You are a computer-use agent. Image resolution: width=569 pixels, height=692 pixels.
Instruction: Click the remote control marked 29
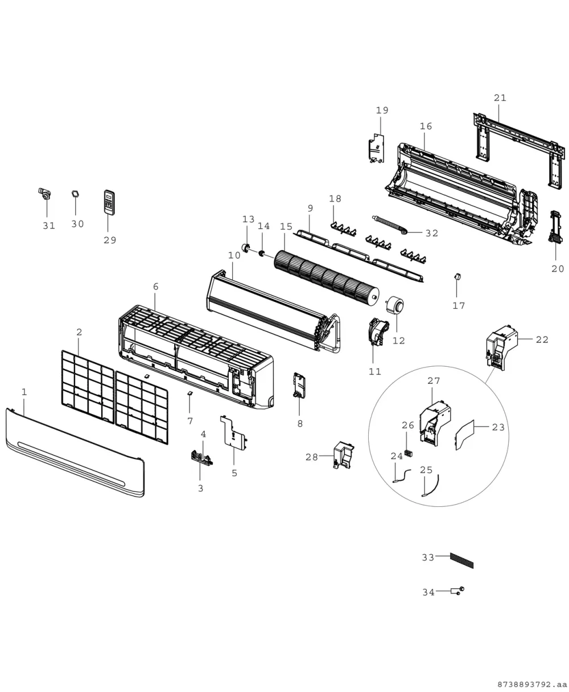pyautogui.click(x=109, y=202)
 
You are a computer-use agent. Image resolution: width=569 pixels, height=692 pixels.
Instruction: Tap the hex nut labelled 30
pyautogui.click(x=76, y=194)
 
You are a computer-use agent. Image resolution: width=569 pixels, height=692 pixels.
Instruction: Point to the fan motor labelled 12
pyautogui.click(x=395, y=305)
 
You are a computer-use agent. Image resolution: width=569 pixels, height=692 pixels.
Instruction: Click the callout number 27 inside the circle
pyautogui.click(x=434, y=381)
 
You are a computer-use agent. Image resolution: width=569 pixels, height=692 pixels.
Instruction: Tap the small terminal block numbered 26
pyautogui.click(x=408, y=453)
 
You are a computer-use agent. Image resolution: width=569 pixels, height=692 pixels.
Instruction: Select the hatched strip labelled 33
pyautogui.click(x=461, y=560)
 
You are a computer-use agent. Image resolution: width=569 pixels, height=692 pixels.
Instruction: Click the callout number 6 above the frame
pyautogui.click(x=156, y=286)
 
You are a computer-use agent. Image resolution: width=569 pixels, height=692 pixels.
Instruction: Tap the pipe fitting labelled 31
pyautogui.click(x=44, y=194)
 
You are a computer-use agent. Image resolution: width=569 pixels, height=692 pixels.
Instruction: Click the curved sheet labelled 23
pyautogui.click(x=465, y=435)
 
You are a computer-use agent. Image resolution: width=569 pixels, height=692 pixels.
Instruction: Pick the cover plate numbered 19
pyautogui.click(x=376, y=148)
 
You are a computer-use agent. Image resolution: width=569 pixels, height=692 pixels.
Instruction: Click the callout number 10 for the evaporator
pyautogui.click(x=234, y=256)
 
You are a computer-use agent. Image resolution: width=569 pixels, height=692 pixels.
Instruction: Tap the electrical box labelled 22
pyautogui.click(x=501, y=348)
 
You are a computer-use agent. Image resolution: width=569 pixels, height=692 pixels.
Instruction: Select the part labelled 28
pyautogui.click(x=344, y=454)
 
